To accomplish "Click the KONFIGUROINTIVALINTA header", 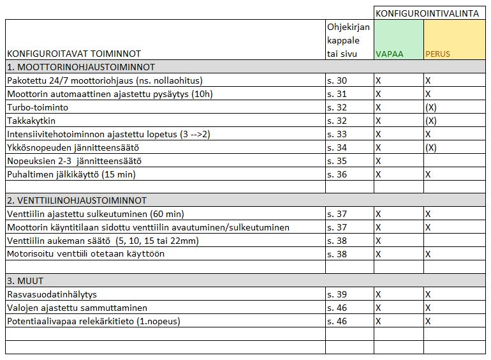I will [430, 13].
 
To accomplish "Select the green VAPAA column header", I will [389, 54].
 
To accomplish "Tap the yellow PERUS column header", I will [437, 54].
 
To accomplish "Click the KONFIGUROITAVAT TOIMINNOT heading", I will [74, 54].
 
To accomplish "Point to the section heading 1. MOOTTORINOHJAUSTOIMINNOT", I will [81, 67].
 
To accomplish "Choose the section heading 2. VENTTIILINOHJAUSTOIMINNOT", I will [77, 200].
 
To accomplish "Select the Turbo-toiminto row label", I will [38, 107].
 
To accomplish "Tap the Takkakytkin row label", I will [33, 121].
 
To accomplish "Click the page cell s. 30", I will [337, 81].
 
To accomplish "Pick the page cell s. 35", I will [337, 161].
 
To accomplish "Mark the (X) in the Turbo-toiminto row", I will [431, 107].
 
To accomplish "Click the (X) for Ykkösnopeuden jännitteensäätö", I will [431, 147].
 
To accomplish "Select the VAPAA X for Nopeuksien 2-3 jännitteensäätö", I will [378, 161].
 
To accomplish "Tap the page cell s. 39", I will [337, 294].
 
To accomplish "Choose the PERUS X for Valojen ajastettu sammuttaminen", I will [429, 308].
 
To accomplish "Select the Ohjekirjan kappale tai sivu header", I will [348, 40].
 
